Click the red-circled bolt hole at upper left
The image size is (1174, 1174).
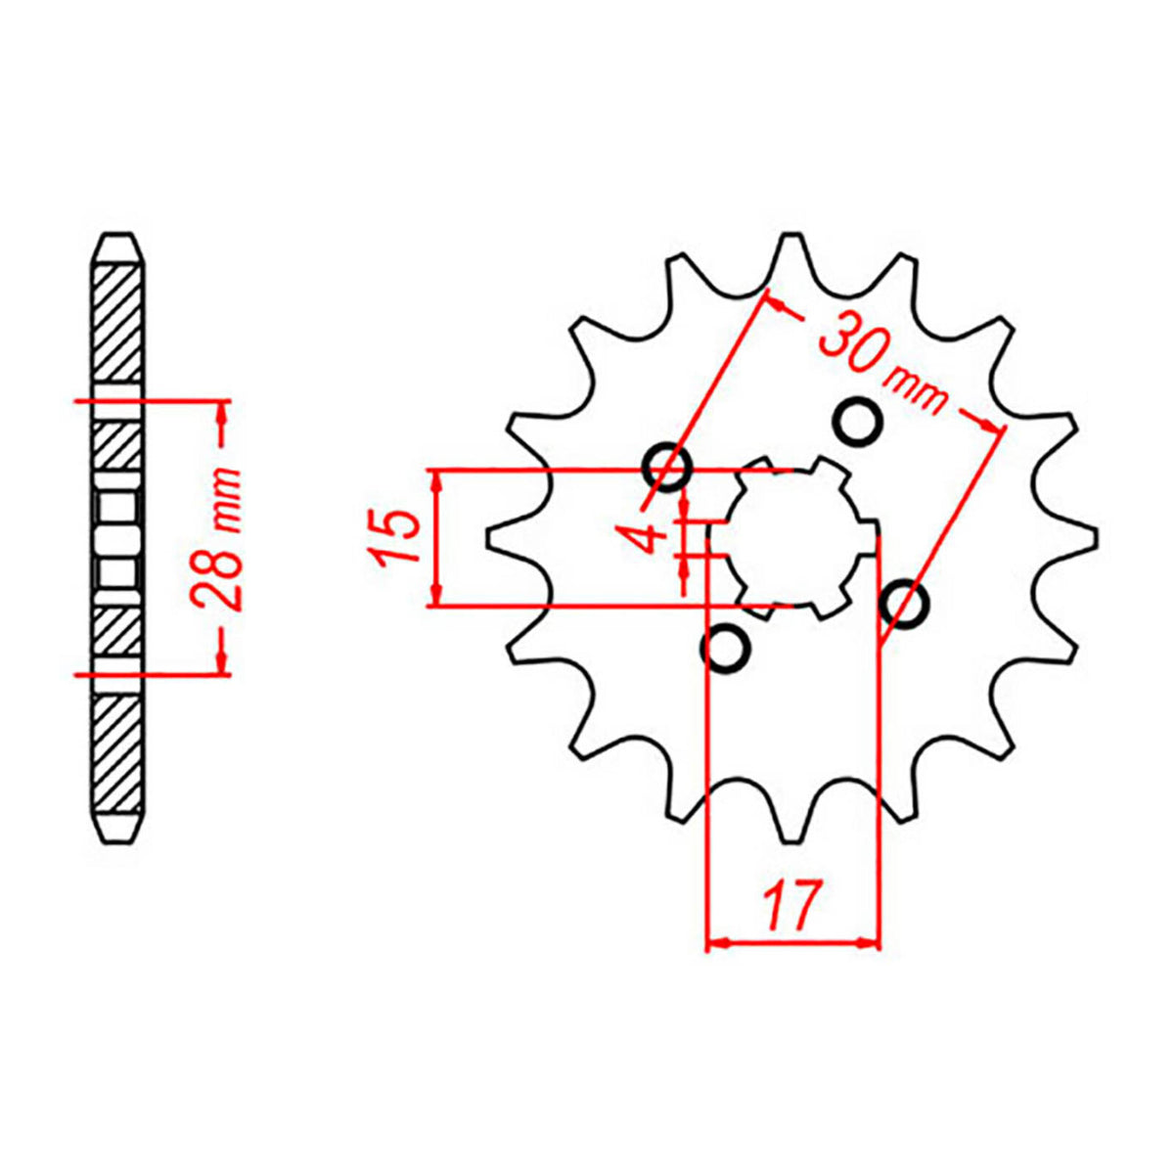(x=668, y=467)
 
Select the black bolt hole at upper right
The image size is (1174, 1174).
(x=858, y=422)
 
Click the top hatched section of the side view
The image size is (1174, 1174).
(x=116, y=323)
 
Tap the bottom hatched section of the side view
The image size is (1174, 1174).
(x=116, y=753)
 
